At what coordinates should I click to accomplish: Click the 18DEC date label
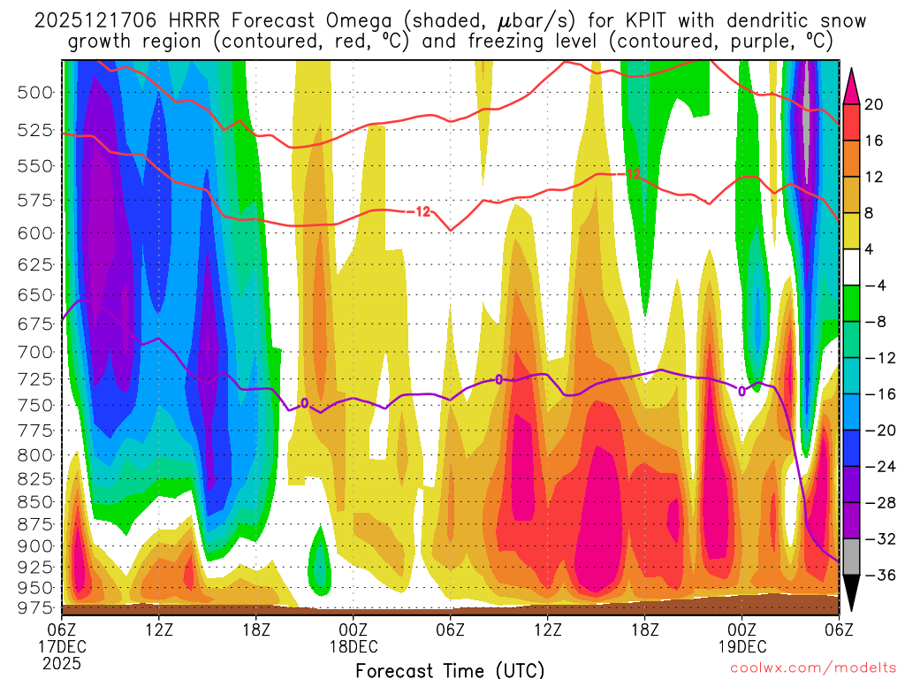point(354,645)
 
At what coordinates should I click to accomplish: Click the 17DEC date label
point(62,645)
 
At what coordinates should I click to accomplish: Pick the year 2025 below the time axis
point(62,662)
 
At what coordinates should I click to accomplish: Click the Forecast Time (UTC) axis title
point(450,669)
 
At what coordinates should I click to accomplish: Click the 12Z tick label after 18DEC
point(547,629)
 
